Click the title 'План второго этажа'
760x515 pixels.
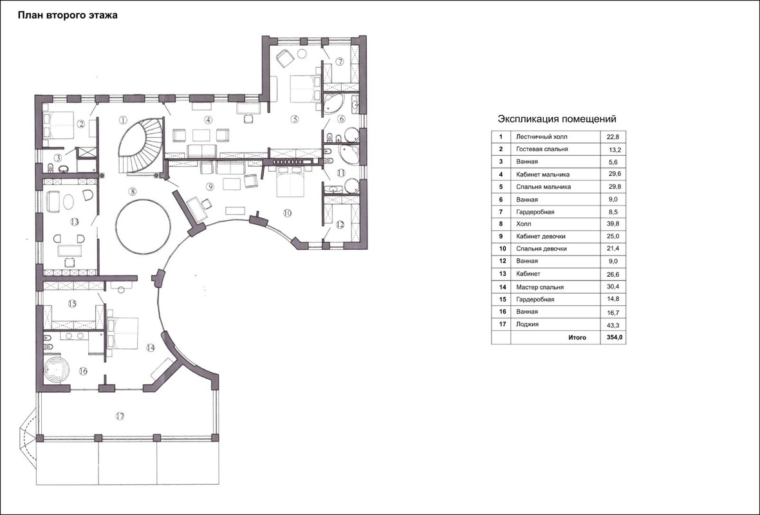(x=68, y=15)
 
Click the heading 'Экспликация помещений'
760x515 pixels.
(x=557, y=119)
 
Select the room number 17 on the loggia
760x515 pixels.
(x=120, y=416)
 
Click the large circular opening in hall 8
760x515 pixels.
(x=144, y=225)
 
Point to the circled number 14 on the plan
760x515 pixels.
(x=150, y=348)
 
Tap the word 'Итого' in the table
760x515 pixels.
(x=577, y=337)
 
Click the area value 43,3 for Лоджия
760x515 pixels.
(x=613, y=324)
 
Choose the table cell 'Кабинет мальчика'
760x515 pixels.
(x=542, y=174)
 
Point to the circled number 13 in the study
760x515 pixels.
(x=74, y=222)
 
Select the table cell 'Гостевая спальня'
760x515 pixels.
(x=542, y=149)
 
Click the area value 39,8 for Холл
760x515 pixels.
(x=613, y=224)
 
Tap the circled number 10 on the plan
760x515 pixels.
(x=287, y=213)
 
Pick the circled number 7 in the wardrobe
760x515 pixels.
(x=340, y=62)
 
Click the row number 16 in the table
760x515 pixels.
(x=503, y=312)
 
